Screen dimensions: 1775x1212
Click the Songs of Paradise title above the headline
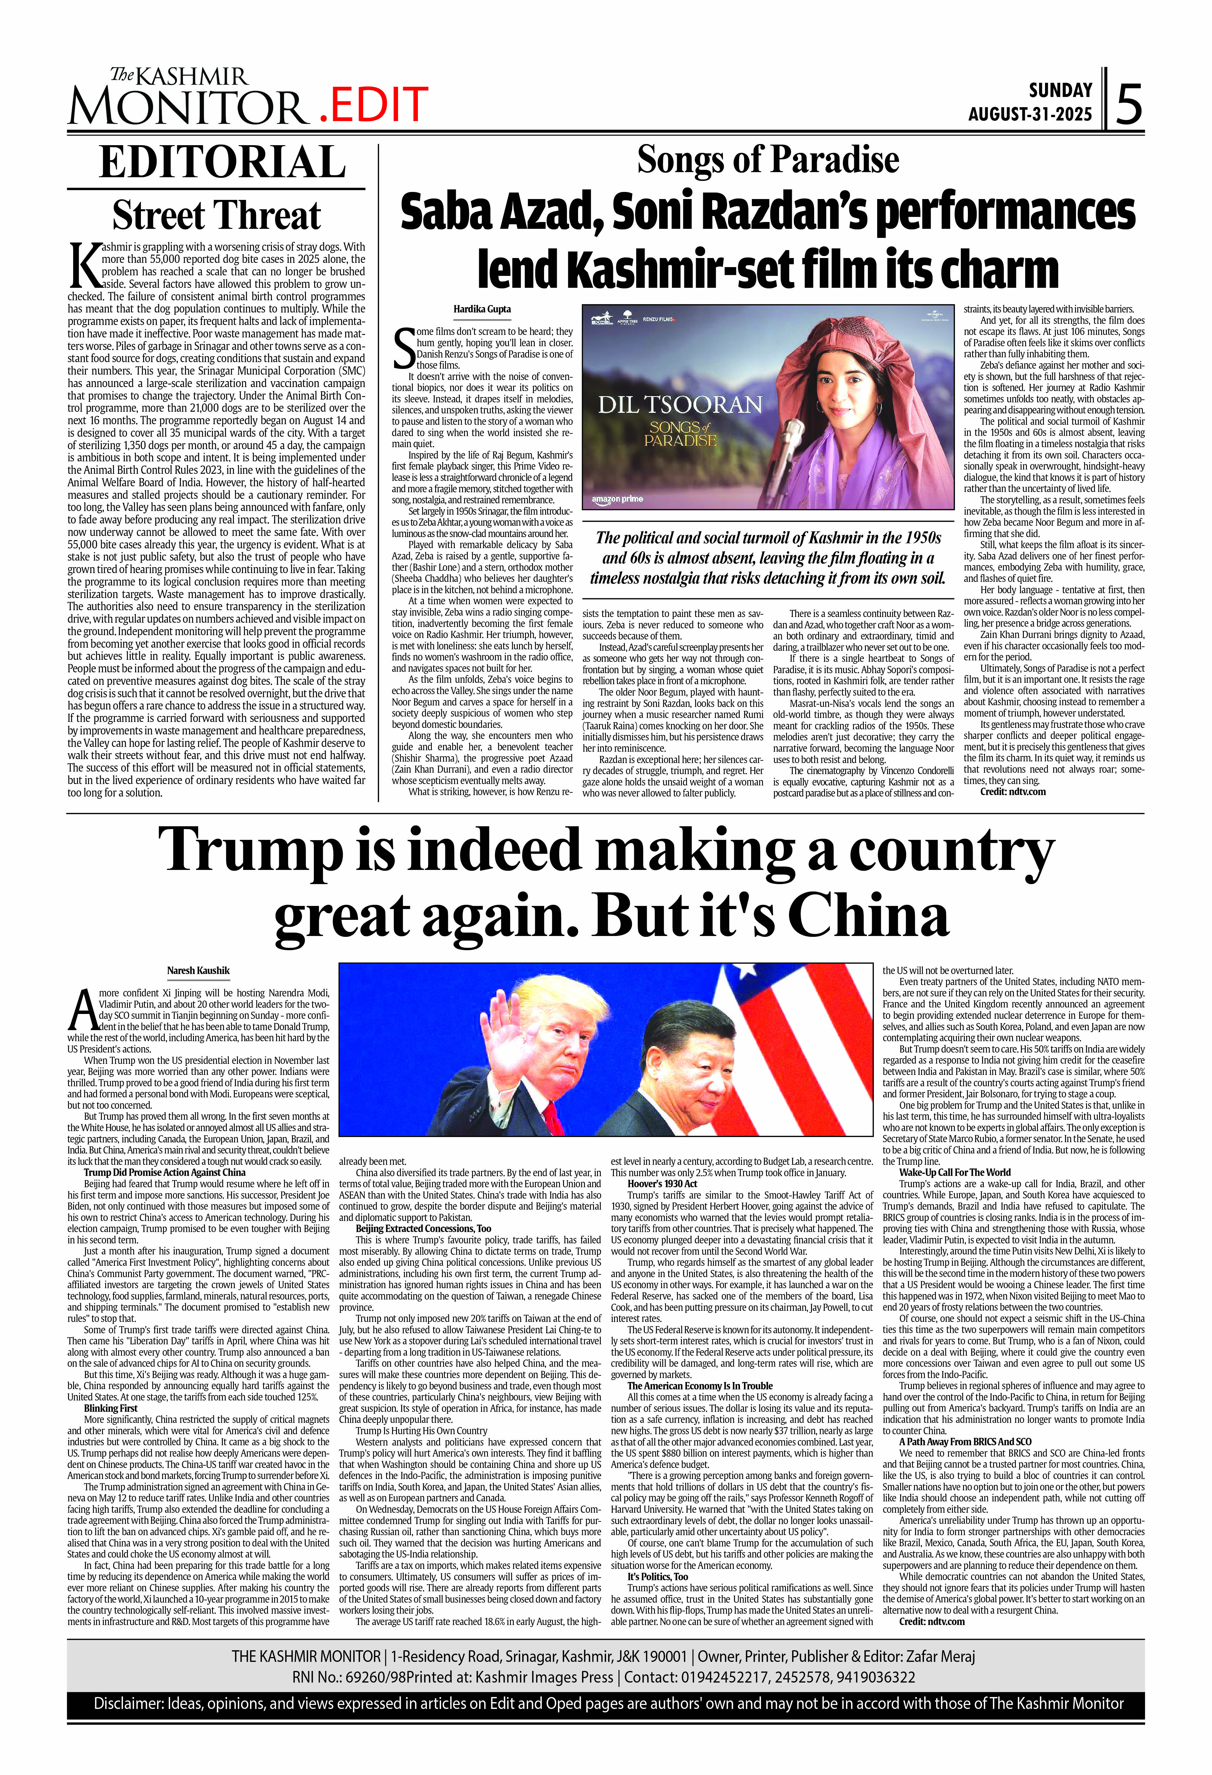pyautogui.click(x=767, y=160)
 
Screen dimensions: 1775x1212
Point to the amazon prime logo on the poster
pyautogui.click(x=617, y=499)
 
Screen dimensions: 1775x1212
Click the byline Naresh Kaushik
pyautogui.click(x=198, y=971)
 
